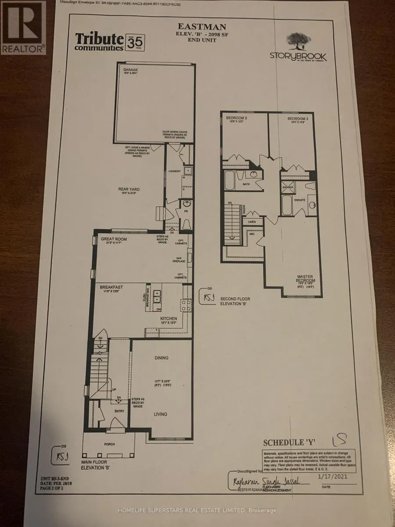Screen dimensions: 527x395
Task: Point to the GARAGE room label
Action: (x=127, y=69)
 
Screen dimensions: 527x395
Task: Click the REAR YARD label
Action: (x=129, y=189)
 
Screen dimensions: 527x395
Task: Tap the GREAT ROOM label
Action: (x=114, y=239)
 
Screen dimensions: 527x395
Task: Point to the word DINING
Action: (x=162, y=358)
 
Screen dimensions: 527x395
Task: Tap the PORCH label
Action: (x=110, y=444)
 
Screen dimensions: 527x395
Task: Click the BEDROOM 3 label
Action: (x=299, y=119)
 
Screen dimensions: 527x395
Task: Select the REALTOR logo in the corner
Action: (x=23, y=27)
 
